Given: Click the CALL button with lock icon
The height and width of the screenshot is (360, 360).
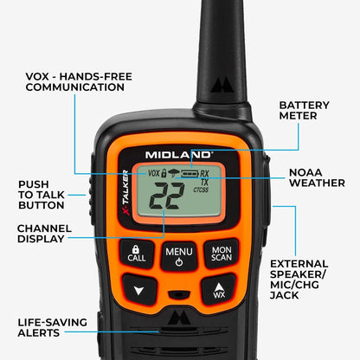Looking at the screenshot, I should (138, 252).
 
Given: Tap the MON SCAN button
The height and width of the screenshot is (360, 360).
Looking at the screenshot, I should (220, 252).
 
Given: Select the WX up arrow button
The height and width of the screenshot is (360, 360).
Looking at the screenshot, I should (218, 290).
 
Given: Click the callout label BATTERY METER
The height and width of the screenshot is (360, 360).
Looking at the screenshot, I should (304, 110).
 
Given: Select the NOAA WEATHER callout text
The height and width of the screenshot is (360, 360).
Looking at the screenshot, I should (318, 177).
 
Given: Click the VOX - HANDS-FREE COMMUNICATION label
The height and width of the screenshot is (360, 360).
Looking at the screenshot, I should (79, 82).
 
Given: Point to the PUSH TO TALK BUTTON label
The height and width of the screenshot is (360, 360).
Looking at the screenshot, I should (42, 196).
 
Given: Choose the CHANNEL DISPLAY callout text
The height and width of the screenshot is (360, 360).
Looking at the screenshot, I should (44, 234).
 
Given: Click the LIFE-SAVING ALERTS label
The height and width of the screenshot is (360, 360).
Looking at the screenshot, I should (52, 328).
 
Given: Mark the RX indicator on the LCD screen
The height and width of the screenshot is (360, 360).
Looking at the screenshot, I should (204, 173).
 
